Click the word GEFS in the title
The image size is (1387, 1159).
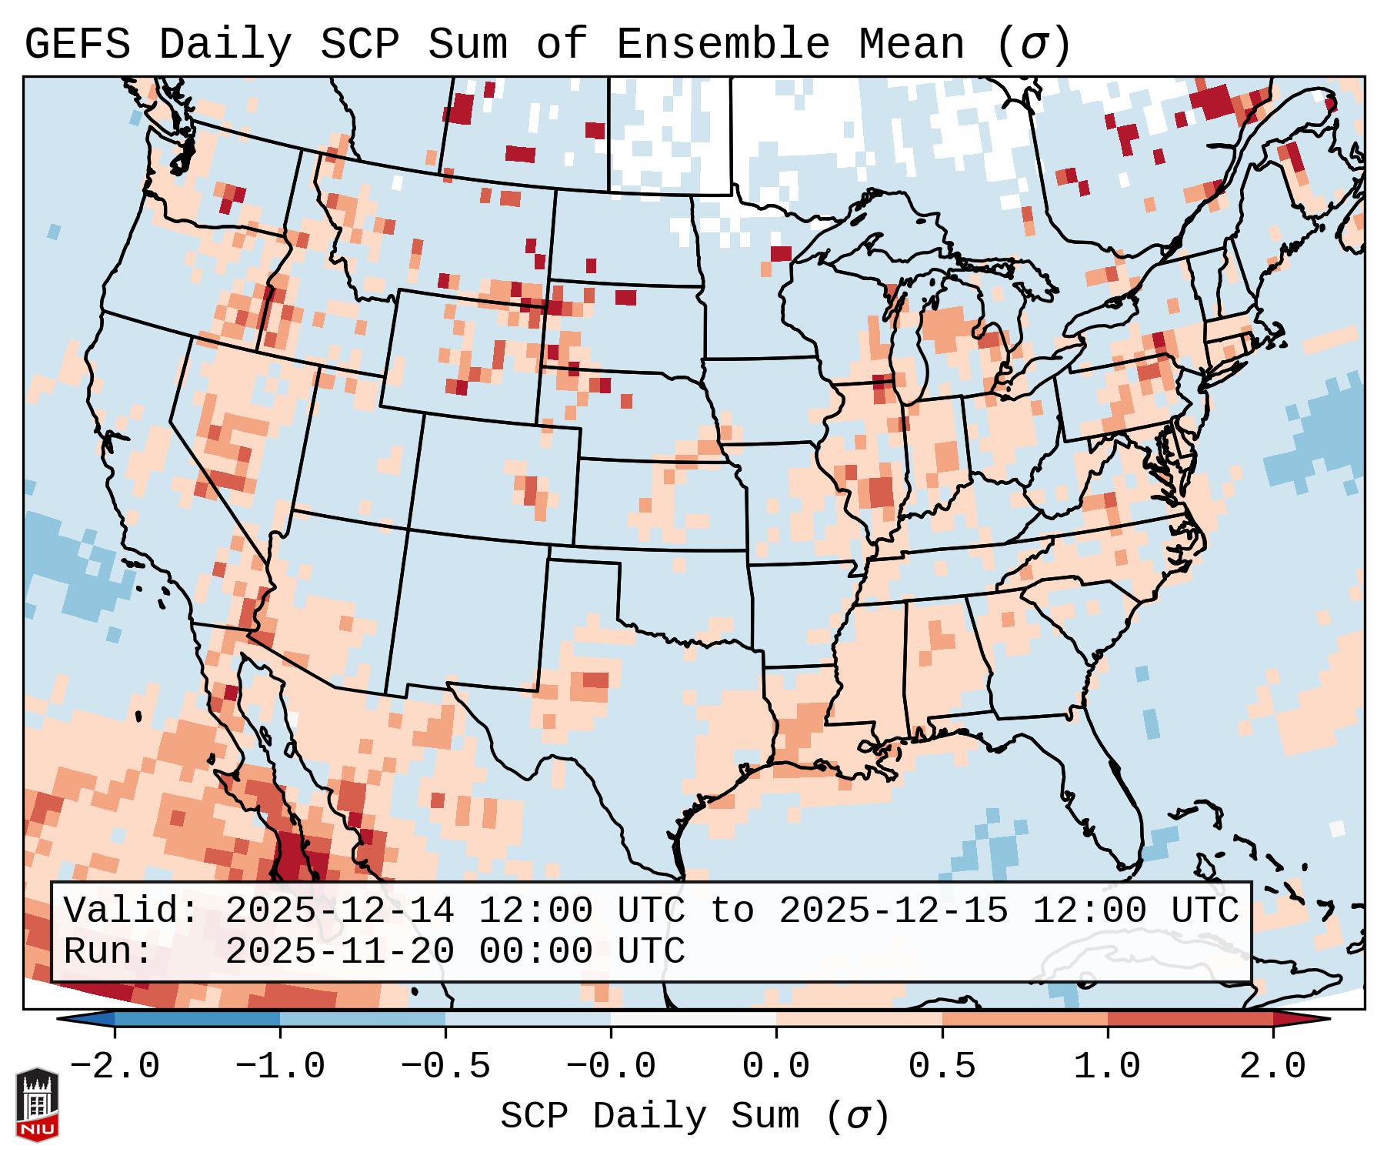[x=77, y=45]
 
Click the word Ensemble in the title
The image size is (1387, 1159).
[x=722, y=45]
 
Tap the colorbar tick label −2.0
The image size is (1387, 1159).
[x=115, y=1067]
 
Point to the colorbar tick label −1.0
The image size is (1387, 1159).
[x=280, y=1067]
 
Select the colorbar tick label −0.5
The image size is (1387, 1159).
[x=445, y=1067]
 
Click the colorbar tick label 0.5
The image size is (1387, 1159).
[x=942, y=1067]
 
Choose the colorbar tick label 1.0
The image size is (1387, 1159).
[x=1107, y=1067]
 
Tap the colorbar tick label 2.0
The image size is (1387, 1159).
[x=1272, y=1067]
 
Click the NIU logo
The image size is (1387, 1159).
[x=37, y=1105]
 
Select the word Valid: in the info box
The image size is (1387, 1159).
[x=132, y=911]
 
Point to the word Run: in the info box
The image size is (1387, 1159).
[x=108, y=952]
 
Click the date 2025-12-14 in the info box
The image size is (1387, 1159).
[x=339, y=911]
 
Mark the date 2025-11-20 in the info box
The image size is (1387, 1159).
[x=339, y=952]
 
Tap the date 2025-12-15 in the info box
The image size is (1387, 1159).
[x=893, y=911]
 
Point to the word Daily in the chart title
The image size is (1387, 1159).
[x=225, y=45]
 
